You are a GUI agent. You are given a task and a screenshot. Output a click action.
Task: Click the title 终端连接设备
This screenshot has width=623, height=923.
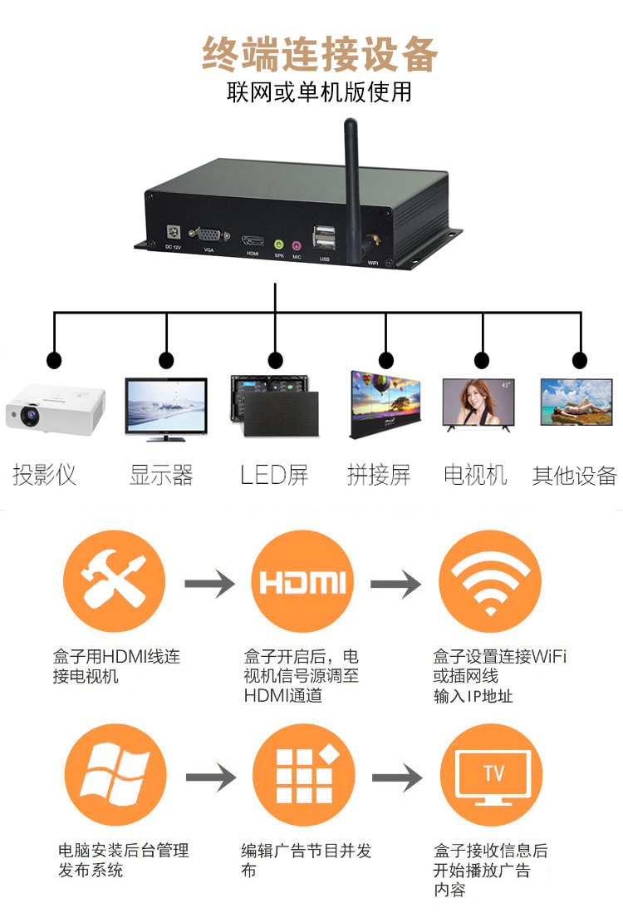(320, 55)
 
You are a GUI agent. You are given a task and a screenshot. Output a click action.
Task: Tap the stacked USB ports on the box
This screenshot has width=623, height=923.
(323, 238)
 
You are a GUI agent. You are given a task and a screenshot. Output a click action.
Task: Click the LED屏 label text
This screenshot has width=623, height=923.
(274, 476)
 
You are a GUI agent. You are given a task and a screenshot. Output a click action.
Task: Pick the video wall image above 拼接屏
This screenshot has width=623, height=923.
(385, 405)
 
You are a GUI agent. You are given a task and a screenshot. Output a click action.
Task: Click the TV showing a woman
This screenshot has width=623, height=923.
(478, 405)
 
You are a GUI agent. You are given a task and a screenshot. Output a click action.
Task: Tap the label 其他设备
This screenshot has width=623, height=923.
(575, 476)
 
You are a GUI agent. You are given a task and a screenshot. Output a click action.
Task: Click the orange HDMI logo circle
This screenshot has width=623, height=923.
(302, 581)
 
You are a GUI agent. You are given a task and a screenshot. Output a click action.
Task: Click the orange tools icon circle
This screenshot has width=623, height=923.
(115, 581)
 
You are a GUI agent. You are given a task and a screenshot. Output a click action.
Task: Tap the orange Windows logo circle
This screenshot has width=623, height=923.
(115, 775)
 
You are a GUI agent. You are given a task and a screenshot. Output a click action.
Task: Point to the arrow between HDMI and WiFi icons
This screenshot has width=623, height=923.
(396, 584)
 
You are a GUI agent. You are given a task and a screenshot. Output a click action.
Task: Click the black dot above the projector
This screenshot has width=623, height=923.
(55, 361)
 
